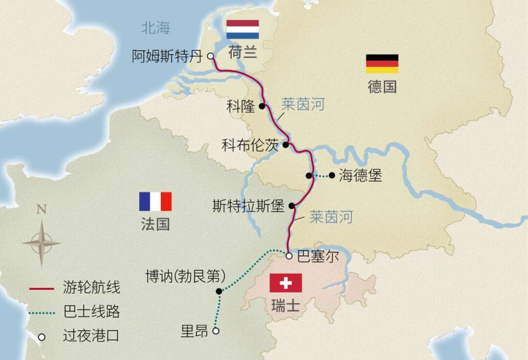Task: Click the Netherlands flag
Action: pyautogui.click(x=242, y=29)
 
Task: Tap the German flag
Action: pyautogui.click(x=382, y=64)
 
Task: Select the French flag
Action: pyautogui.click(x=155, y=201)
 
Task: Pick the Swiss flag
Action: pyautogui.click(x=286, y=283)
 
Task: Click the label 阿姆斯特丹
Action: pyautogui.click(x=167, y=57)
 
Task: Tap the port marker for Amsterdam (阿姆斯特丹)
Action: pyautogui.click(x=211, y=56)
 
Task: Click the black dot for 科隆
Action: pyautogui.click(x=262, y=106)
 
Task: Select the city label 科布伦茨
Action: pyautogui.click(x=250, y=145)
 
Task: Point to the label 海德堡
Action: pyautogui.click(x=360, y=175)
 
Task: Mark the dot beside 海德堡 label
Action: pyautogui.click(x=332, y=175)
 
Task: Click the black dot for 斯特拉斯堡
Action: pyautogui.click(x=292, y=206)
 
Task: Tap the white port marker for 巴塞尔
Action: pyautogui.click(x=289, y=255)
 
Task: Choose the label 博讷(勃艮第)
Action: pyautogui.click(x=186, y=276)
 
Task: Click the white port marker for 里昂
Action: pyautogui.click(x=216, y=331)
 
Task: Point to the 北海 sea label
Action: pyautogui.click(x=156, y=28)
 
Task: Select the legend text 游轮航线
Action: pyautogui.click(x=91, y=287)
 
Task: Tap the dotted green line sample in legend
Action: pyautogui.click(x=42, y=312)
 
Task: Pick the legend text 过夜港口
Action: pyautogui.click(x=91, y=336)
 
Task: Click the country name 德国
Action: pyautogui.click(x=382, y=87)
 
